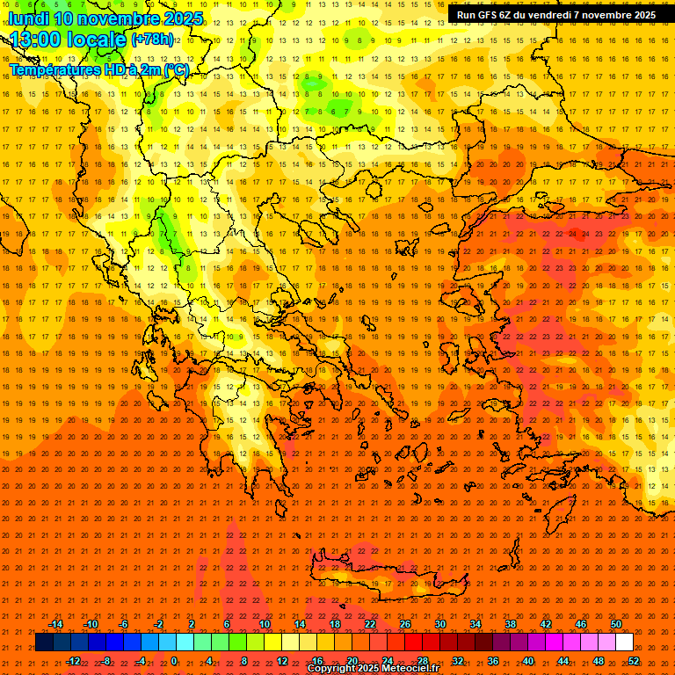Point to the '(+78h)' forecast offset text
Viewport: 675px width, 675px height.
(152, 39)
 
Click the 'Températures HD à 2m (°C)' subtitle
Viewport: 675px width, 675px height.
(98, 69)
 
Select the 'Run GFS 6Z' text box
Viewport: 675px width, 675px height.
(555, 15)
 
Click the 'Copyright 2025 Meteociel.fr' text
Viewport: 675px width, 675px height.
(373, 669)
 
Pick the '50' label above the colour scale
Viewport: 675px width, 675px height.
(616, 624)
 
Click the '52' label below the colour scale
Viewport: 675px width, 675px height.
(634, 661)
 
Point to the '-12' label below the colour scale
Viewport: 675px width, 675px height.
(73, 661)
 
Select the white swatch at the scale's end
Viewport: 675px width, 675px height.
(625, 642)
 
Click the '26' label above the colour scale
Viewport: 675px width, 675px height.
(405, 624)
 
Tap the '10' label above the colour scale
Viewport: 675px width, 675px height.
(265, 624)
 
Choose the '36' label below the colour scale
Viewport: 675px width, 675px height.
(493, 661)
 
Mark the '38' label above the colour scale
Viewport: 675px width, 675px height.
(511, 624)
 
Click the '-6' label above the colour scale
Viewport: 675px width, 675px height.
(124, 624)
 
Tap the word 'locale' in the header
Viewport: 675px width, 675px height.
(99, 40)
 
